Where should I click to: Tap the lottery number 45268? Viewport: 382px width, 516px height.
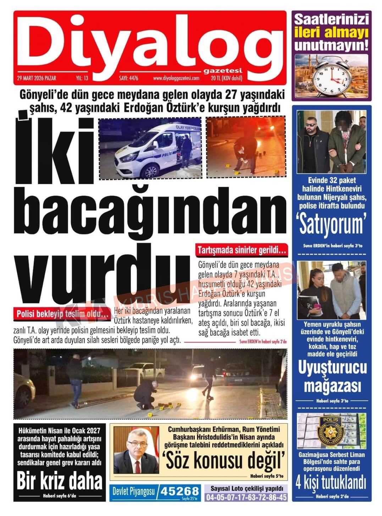(x=179, y=492)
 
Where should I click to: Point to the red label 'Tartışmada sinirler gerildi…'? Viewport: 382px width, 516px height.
(x=242, y=251)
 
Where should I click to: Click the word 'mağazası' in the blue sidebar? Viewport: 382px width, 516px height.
(x=332, y=385)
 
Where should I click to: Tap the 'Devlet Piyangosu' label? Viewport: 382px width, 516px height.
(x=134, y=492)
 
